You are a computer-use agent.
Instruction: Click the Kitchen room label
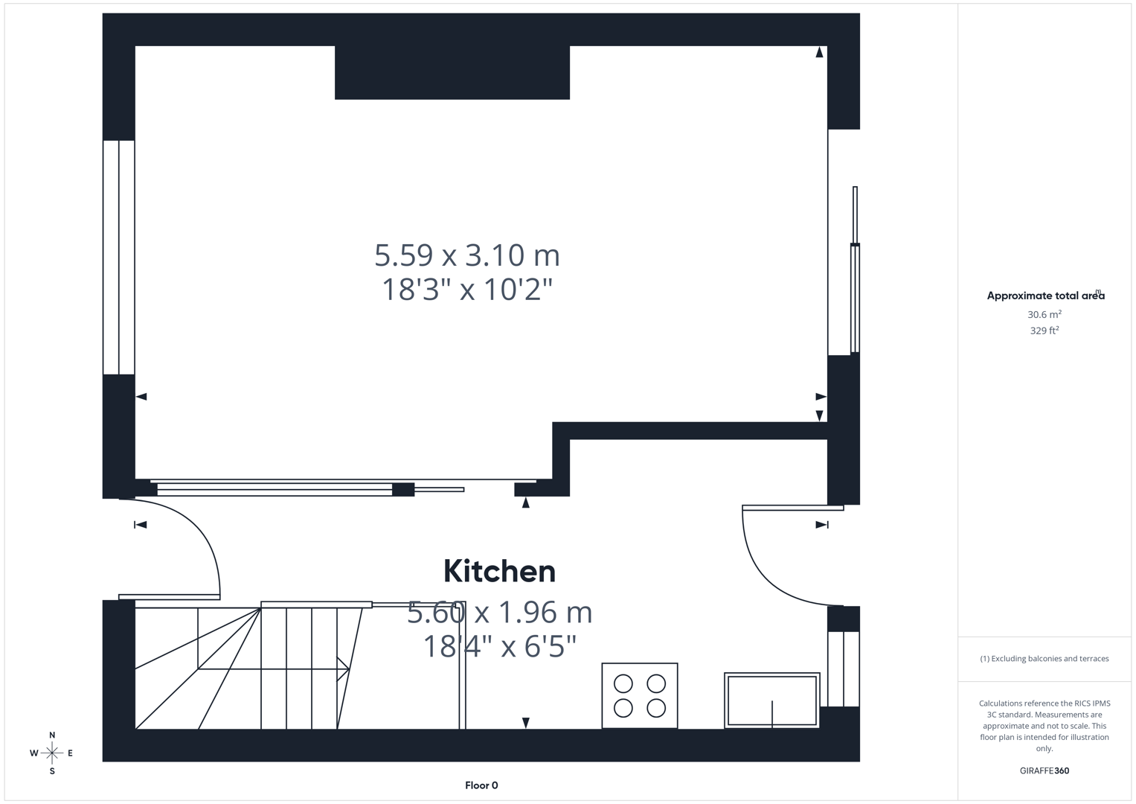pos(499,572)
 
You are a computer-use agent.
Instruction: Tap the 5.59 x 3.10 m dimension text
pos(466,255)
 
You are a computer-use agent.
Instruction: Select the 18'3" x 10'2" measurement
pos(466,290)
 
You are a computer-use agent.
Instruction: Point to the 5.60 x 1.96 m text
pos(499,613)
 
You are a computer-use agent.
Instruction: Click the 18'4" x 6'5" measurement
pos(499,646)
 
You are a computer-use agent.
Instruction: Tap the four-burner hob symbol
pos(640,695)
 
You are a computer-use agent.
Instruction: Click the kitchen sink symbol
pos(772,701)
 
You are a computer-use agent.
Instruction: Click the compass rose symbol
pos(52,753)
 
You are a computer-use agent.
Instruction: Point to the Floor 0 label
pos(481,785)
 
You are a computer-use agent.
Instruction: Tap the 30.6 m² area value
pos(1044,315)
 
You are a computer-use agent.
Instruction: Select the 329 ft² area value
pos(1044,331)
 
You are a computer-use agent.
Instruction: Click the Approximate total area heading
pos(1045,296)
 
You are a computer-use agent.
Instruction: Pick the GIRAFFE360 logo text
pos(1044,770)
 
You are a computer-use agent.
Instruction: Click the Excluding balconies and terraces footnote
pos(1044,659)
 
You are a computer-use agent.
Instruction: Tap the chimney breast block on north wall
pos(452,72)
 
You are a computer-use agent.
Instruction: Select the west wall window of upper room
pos(118,257)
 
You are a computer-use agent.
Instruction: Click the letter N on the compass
pos(52,736)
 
